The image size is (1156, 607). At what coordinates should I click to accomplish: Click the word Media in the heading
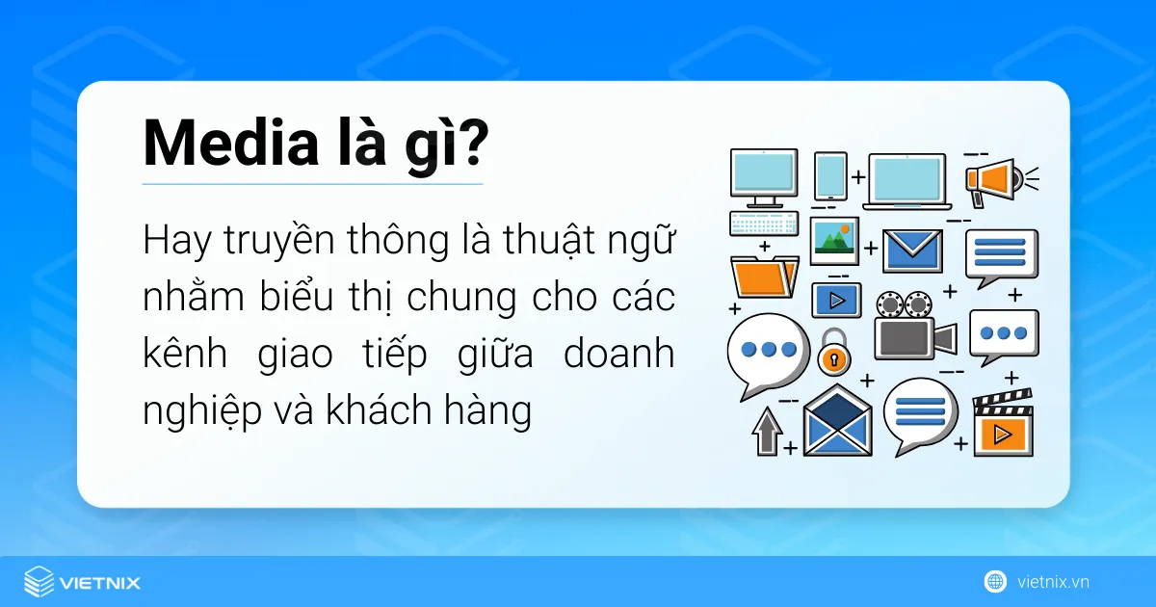coord(230,143)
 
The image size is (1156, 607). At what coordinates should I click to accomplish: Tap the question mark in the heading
coord(472,142)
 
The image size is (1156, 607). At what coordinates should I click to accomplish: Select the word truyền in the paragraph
coord(279,241)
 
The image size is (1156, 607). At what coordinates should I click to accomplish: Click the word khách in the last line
coord(379,410)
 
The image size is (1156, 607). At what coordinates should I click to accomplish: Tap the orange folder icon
coord(765,277)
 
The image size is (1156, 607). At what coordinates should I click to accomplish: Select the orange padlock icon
coord(833,352)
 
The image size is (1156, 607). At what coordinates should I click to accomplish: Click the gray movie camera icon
coord(915,327)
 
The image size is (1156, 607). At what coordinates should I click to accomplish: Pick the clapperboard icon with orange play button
coord(1003,424)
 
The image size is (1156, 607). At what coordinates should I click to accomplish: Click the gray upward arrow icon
coord(768,431)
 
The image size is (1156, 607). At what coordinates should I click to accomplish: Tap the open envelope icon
coord(837,421)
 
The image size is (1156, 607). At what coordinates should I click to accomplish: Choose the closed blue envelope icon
coord(912,251)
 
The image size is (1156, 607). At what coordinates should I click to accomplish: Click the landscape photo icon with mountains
coord(834,241)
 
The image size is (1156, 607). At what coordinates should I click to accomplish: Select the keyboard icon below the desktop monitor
coord(764,224)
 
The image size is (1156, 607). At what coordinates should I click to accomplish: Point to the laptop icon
coord(907,182)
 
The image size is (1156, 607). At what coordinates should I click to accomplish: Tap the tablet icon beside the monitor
coord(830,176)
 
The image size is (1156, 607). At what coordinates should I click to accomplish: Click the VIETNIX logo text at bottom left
coord(99,583)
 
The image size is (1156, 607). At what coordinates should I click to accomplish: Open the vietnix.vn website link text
coord(1053,582)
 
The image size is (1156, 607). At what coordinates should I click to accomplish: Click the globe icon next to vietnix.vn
coord(995,582)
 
